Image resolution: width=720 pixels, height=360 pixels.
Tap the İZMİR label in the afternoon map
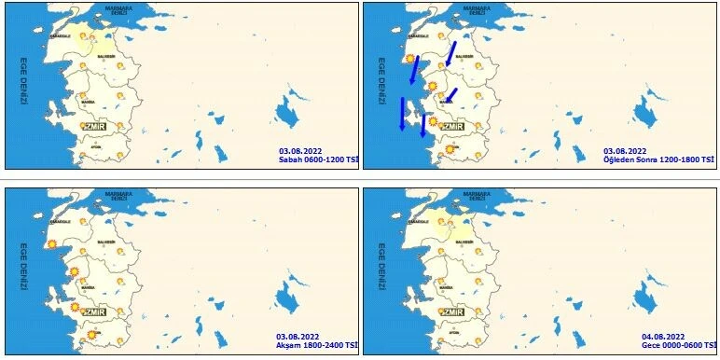point(452,126)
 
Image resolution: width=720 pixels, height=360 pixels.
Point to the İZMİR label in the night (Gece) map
point(452,312)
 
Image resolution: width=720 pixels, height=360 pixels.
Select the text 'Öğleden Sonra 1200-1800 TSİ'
point(659,159)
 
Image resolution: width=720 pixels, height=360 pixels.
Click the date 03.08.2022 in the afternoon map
point(625,150)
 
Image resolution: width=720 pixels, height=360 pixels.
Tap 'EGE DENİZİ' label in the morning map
point(23,85)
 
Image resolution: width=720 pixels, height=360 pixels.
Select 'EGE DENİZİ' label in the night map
point(381,271)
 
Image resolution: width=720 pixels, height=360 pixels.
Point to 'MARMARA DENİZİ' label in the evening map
point(123,197)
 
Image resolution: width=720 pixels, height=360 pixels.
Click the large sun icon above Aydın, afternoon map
point(451,148)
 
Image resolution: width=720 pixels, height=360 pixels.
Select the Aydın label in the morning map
point(95,146)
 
